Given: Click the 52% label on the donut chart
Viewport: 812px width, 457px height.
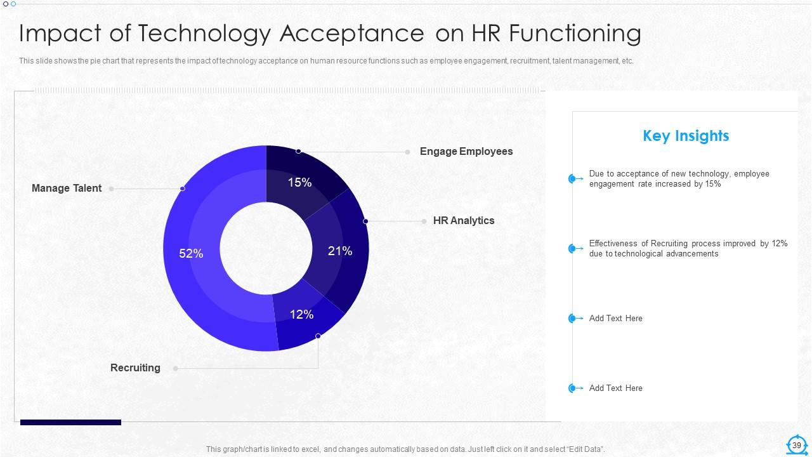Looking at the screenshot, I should [x=191, y=254].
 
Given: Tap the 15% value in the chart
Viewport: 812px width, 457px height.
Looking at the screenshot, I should [x=299, y=183].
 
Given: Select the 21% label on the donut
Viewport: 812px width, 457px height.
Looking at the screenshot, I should [x=340, y=251].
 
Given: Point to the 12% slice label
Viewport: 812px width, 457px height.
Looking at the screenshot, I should [x=302, y=314].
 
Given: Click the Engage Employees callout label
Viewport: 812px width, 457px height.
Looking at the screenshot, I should [x=466, y=152].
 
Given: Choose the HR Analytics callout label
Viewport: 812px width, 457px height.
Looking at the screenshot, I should [x=464, y=221].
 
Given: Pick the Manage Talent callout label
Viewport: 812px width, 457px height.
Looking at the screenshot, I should [x=67, y=189].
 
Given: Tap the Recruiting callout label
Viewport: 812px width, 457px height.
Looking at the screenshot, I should [x=135, y=368].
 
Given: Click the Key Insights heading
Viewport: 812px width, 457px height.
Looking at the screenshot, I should [x=686, y=136].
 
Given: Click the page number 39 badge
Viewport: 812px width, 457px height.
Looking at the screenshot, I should [x=797, y=446].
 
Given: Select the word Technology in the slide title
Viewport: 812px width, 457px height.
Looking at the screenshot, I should [x=206, y=34].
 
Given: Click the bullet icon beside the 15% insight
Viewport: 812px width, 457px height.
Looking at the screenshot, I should [x=573, y=179].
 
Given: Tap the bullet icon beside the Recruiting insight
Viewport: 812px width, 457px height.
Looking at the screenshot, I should [x=573, y=249].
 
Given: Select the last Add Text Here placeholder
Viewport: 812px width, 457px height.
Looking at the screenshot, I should [x=615, y=388].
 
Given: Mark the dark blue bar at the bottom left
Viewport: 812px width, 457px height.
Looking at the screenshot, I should [x=70, y=422].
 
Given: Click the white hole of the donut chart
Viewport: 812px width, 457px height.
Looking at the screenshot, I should [x=266, y=248].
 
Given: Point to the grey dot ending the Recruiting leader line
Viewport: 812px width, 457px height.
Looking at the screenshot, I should [x=176, y=368].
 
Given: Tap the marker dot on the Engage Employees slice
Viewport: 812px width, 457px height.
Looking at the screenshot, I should [x=299, y=151].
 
